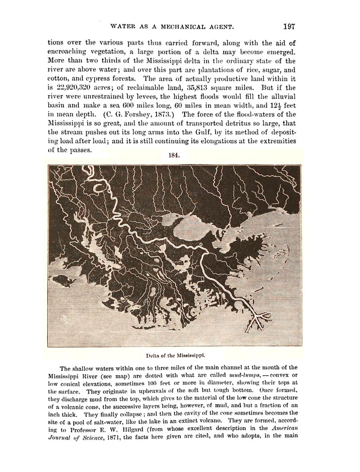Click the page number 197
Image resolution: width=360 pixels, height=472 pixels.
pos(286,26)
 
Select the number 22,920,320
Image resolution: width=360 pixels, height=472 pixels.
pos(67,87)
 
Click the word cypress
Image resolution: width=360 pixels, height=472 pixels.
pos(93,78)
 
